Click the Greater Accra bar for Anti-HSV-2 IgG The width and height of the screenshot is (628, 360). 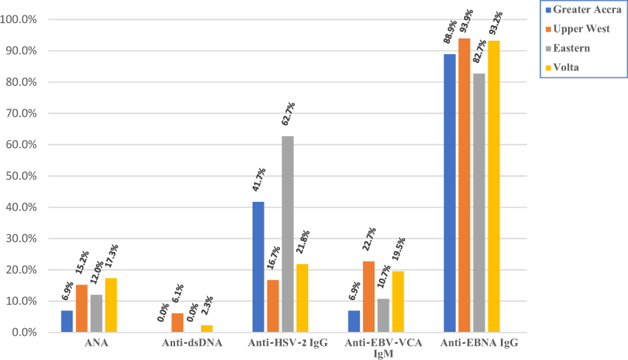[258, 267]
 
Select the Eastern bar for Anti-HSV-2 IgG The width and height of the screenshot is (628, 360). [287, 234]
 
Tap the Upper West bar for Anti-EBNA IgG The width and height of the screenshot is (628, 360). [464, 186]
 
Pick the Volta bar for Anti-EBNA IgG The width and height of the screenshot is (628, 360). [493, 186]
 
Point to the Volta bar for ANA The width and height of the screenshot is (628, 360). [110, 305]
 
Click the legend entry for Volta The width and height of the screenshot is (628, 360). [570, 67]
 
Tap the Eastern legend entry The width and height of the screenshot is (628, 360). [573, 48]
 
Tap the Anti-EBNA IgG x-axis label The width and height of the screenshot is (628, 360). [478, 342]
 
